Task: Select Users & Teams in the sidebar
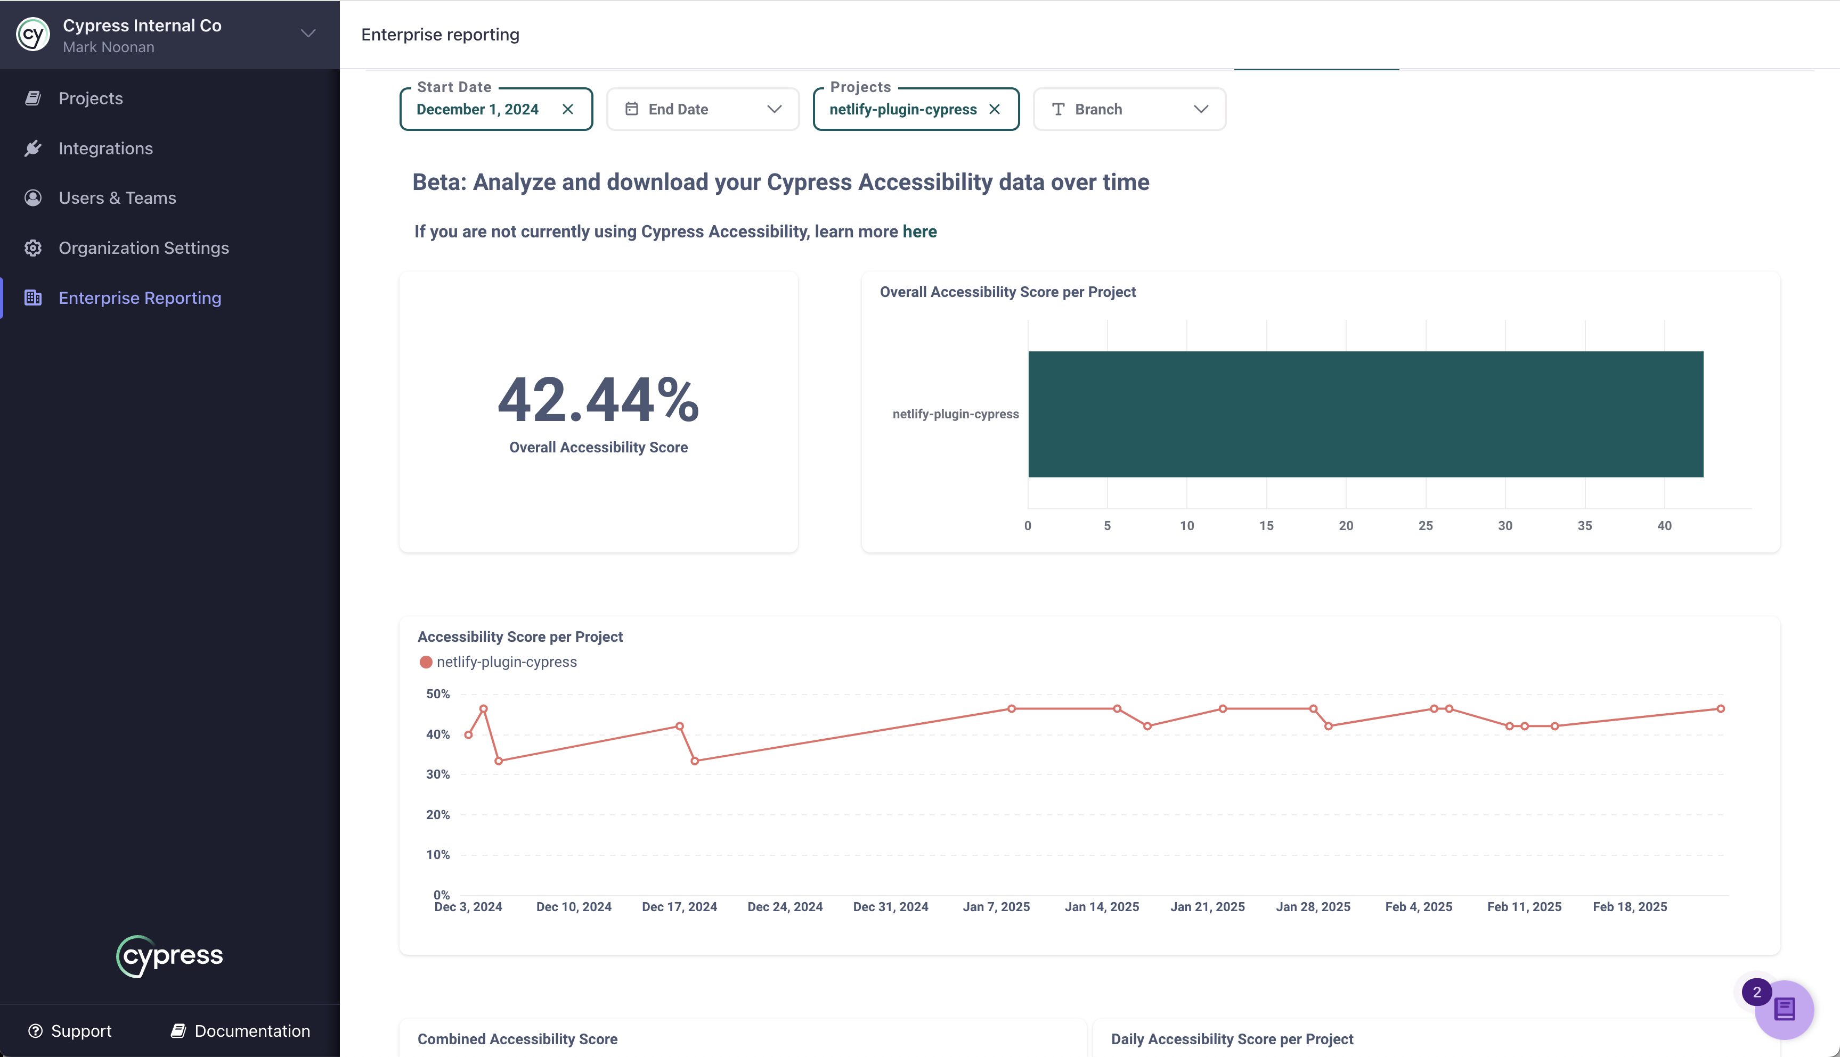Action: pyautogui.click(x=117, y=198)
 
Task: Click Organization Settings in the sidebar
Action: pyautogui.click(x=143, y=248)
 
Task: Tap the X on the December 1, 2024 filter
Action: pyautogui.click(x=568, y=109)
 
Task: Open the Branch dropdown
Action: pyautogui.click(x=1129, y=109)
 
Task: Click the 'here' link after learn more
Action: pyautogui.click(x=919, y=232)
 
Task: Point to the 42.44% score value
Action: pyautogui.click(x=598, y=400)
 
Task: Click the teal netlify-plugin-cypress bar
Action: pyautogui.click(x=1365, y=414)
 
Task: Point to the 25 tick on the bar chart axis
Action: pyautogui.click(x=1425, y=526)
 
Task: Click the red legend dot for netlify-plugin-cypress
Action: pyautogui.click(x=426, y=662)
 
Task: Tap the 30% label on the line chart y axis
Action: pyautogui.click(x=438, y=774)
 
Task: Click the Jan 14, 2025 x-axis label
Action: pyautogui.click(x=1101, y=907)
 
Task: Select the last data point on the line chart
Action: pyautogui.click(x=1720, y=708)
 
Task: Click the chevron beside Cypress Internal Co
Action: pyautogui.click(x=308, y=34)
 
